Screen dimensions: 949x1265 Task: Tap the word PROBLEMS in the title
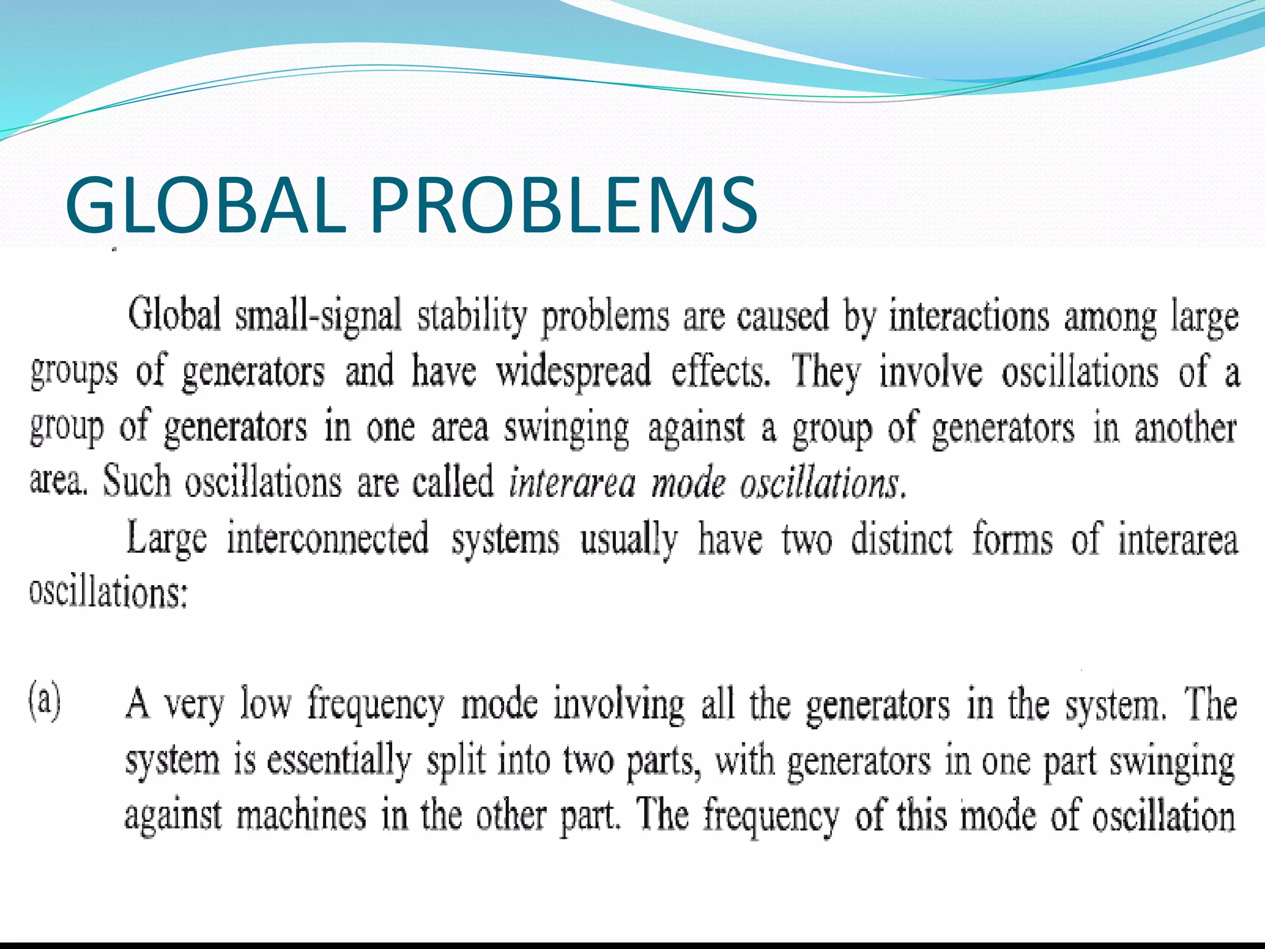click(563, 205)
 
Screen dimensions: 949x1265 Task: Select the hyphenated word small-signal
click(318, 316)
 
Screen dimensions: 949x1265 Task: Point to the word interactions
click(969, 316)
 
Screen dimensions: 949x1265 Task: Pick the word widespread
click(573, 371)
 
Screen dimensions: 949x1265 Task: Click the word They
click(826, 371)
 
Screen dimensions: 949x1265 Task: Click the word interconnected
click(327, 538)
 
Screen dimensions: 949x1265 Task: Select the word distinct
click(902, 538)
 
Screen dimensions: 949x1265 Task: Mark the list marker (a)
click(45, 703)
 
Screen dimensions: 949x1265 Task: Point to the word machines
click(301, 815)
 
